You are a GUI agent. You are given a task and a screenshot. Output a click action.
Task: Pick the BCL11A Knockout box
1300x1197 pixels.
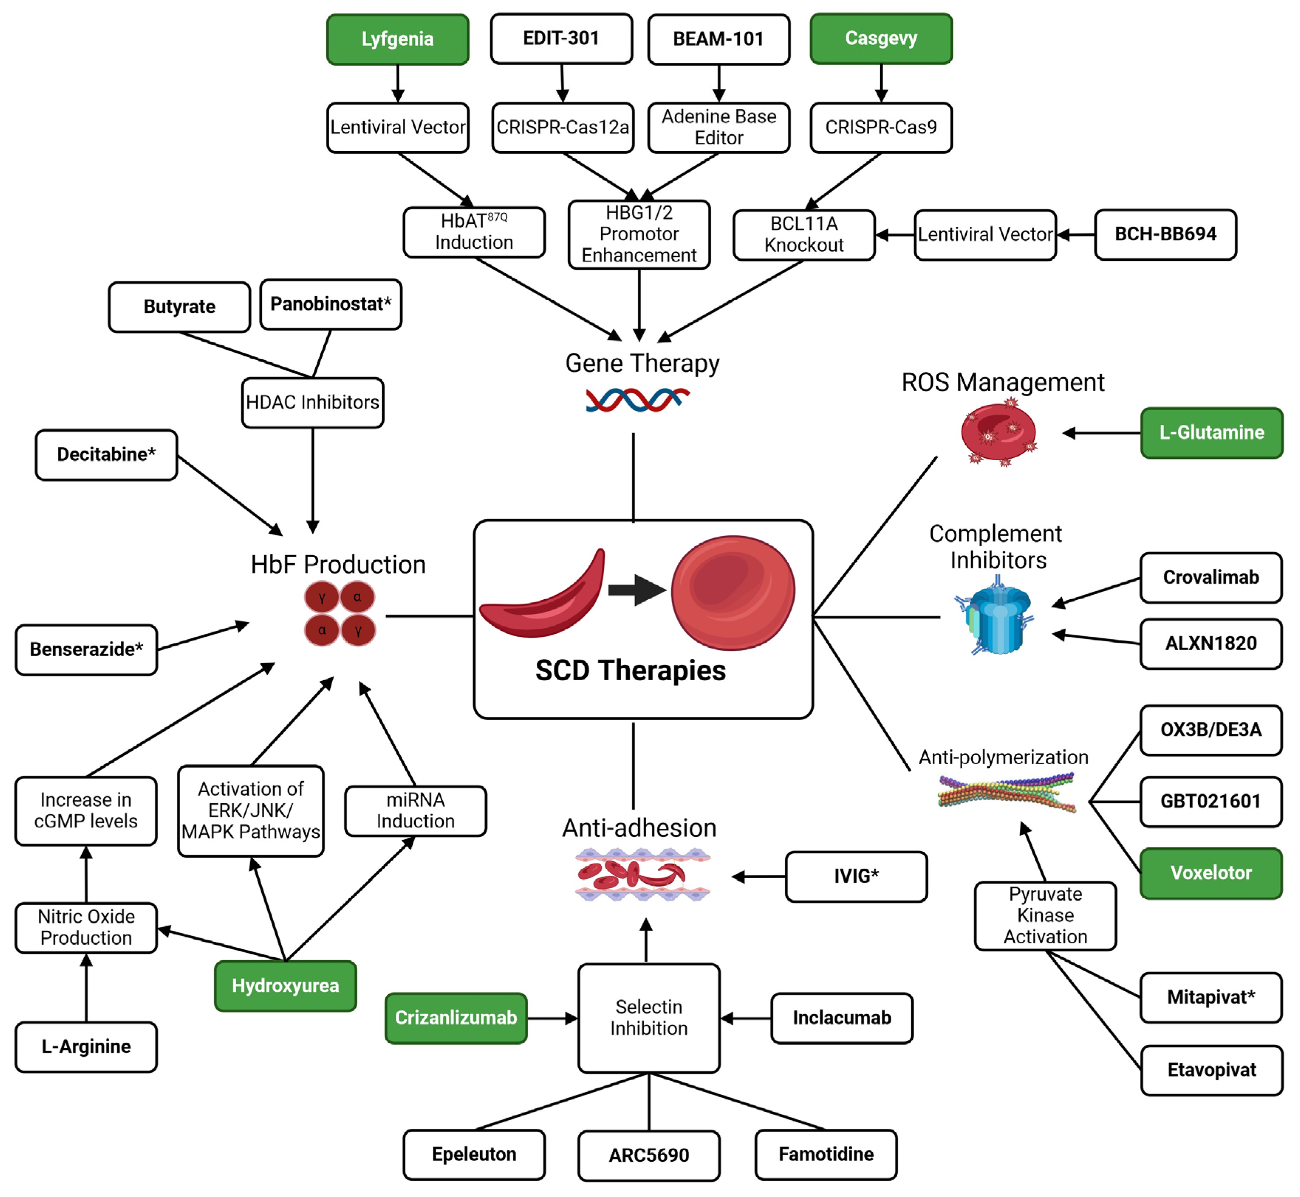point(804,235)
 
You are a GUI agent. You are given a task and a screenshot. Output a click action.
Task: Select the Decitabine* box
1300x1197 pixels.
point(106,455)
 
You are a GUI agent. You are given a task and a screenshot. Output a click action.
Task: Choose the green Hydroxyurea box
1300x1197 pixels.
point(286,986)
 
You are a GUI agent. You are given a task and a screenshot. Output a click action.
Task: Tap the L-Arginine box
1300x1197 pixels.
point(86,1047)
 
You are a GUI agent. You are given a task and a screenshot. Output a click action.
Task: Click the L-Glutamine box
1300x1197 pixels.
point(1211,433)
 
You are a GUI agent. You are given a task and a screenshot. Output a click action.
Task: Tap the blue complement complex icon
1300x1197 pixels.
point(996,617)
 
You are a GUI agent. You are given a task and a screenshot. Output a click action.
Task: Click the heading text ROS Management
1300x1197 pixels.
point(1003,383)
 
